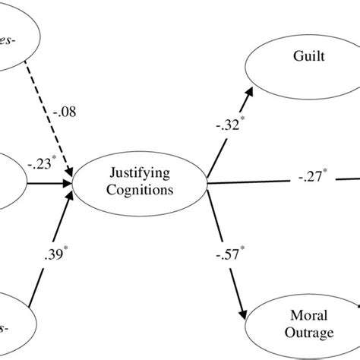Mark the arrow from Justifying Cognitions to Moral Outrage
(x=228, y=251)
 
